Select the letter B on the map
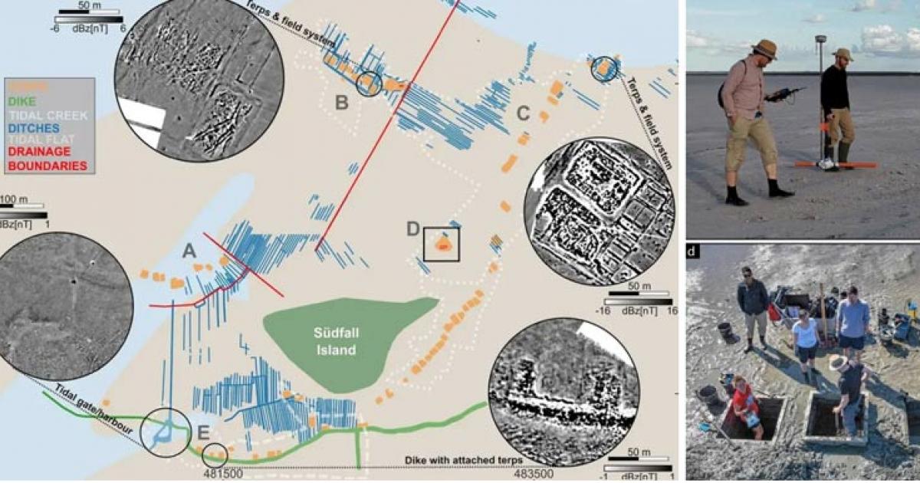[x=342, y=100]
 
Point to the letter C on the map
[x=523, y=114]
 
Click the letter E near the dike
[x=203, y=433]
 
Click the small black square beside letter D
[x=442, y=245]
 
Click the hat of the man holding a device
[x=764, y=48]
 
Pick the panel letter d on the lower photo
[x=693, y=251]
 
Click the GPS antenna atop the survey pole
[x=820, y=38]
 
